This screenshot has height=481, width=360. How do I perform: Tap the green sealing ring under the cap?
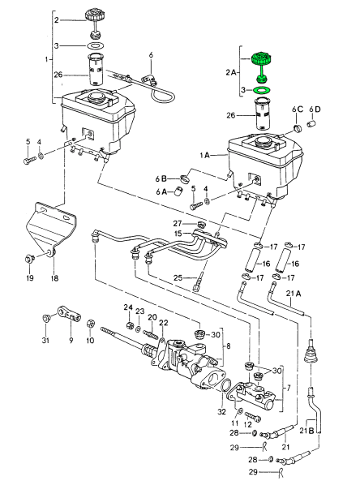[262, 90]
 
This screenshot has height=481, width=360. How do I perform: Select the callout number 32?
[221, 411]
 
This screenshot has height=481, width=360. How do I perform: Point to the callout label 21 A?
[294, 294]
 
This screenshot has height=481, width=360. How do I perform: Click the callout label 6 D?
[315, 110]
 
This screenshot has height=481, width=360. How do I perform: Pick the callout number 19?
[30, 278]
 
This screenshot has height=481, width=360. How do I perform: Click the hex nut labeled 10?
[90, 323]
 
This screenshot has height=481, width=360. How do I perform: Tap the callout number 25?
[178, 277]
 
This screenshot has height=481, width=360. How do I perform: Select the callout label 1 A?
[205, 156]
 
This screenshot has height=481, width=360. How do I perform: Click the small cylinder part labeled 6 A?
[178, 191]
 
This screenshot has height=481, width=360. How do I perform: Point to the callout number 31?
[45, 340]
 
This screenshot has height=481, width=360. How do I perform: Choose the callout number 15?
[178, 234]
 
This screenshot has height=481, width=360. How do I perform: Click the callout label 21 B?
[306, 431]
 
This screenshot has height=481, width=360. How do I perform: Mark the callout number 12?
[247, 425]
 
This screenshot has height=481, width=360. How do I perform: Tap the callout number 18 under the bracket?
[54, 278]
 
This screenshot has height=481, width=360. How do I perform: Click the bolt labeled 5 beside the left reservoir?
[30, 160]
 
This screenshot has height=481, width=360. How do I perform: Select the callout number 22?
[164, 322]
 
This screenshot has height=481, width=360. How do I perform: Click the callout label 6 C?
[298, 110]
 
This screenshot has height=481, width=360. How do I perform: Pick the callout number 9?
[71, 340]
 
